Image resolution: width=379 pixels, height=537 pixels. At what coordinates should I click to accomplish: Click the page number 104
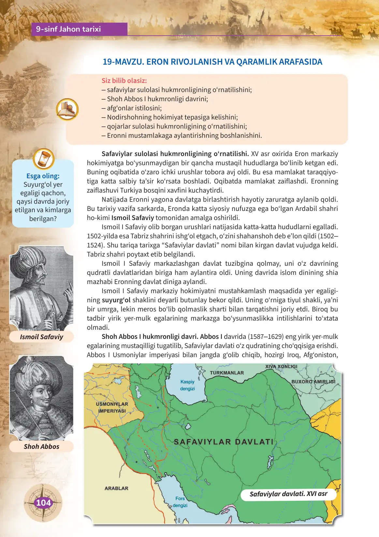[43, 503]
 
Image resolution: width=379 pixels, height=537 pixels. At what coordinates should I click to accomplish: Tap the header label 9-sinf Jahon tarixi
[68, 29]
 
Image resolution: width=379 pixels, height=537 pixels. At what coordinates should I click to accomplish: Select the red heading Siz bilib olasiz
[124, 81]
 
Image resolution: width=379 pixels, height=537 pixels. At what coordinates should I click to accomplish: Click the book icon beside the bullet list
[67, 109]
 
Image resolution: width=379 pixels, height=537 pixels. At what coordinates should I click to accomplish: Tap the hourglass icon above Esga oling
[43, 159]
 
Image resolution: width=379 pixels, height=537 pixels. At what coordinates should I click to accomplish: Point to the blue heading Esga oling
[43, 176]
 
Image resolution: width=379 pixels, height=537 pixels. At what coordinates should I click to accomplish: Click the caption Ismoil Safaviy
[41, 337]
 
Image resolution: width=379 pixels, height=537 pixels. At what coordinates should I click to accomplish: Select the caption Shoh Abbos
[41, 447]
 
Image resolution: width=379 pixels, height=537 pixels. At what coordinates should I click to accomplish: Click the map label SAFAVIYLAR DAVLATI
[224, 442]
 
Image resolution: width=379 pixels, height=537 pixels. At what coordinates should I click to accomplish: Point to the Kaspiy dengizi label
[187, 385]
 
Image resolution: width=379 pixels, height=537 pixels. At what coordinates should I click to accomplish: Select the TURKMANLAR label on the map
[226, 373]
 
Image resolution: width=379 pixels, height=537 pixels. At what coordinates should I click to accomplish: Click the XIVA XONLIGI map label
[281, 367]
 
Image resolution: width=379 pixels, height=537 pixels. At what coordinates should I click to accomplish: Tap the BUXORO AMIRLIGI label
[313, 381]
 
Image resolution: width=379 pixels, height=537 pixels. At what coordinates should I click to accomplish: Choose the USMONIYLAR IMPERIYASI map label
[112, 407]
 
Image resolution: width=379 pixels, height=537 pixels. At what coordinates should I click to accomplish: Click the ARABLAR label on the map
[116, 488]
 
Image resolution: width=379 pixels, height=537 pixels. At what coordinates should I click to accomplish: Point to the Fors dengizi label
[180, 502]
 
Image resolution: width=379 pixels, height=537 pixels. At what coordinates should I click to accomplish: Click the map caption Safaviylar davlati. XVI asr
[288, 494]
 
